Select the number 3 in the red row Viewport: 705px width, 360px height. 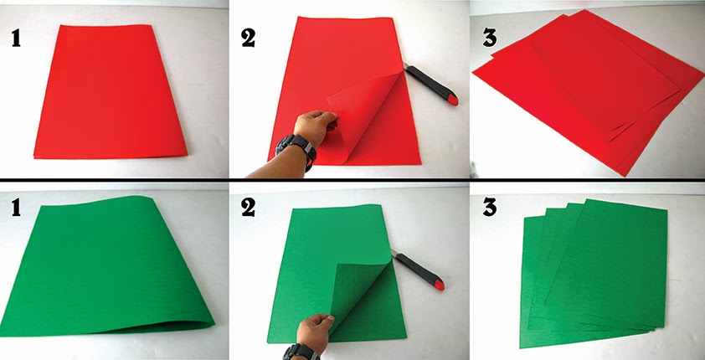pos(489,38)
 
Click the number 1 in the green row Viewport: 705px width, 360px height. pos(16,208)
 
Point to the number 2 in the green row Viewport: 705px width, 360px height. pos(248,208)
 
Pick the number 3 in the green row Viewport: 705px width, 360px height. pos(489,208)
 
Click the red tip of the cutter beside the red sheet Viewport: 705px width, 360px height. pos(452,100)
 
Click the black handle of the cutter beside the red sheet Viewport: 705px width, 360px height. pos(427,82)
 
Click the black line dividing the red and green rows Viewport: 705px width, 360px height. pos(352,180)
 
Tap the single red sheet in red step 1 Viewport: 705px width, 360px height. pos(111,91)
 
